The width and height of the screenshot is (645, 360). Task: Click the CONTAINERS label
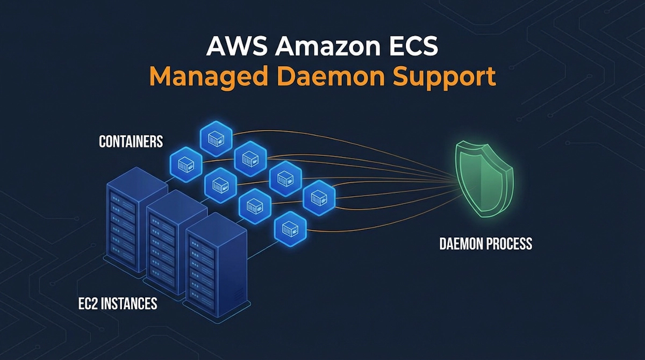[131, 142]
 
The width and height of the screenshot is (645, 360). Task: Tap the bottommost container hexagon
[290, 229]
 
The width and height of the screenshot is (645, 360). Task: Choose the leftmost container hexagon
[186, 163]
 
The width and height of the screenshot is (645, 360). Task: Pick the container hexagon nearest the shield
[319, 197]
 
